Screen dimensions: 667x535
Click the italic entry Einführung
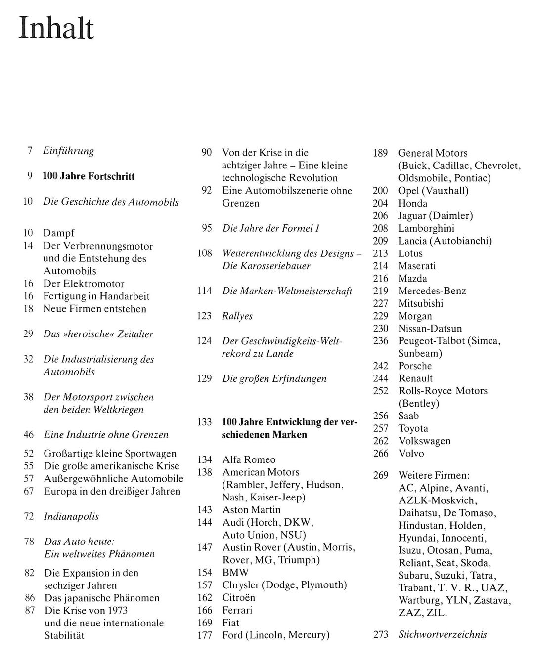68,151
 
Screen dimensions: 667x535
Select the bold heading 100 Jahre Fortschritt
89,176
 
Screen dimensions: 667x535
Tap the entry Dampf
58,233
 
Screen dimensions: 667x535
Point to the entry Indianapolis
71,517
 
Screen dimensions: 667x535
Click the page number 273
381,635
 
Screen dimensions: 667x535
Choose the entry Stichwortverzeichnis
443,635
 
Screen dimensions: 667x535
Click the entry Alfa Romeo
249,460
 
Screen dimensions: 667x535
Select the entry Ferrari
237,610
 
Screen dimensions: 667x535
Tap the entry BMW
235,573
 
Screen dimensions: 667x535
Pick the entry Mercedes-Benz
432,291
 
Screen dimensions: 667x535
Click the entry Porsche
415,366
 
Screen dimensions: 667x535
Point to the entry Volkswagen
424,441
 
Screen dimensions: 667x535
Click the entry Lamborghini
426,229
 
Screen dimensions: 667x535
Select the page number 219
380,291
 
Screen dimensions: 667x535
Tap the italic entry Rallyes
237,316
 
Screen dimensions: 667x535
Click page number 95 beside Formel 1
207,228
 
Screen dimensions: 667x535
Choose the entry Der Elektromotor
84,284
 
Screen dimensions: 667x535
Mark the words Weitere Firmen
434,476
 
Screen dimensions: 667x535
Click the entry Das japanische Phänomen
102,598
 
